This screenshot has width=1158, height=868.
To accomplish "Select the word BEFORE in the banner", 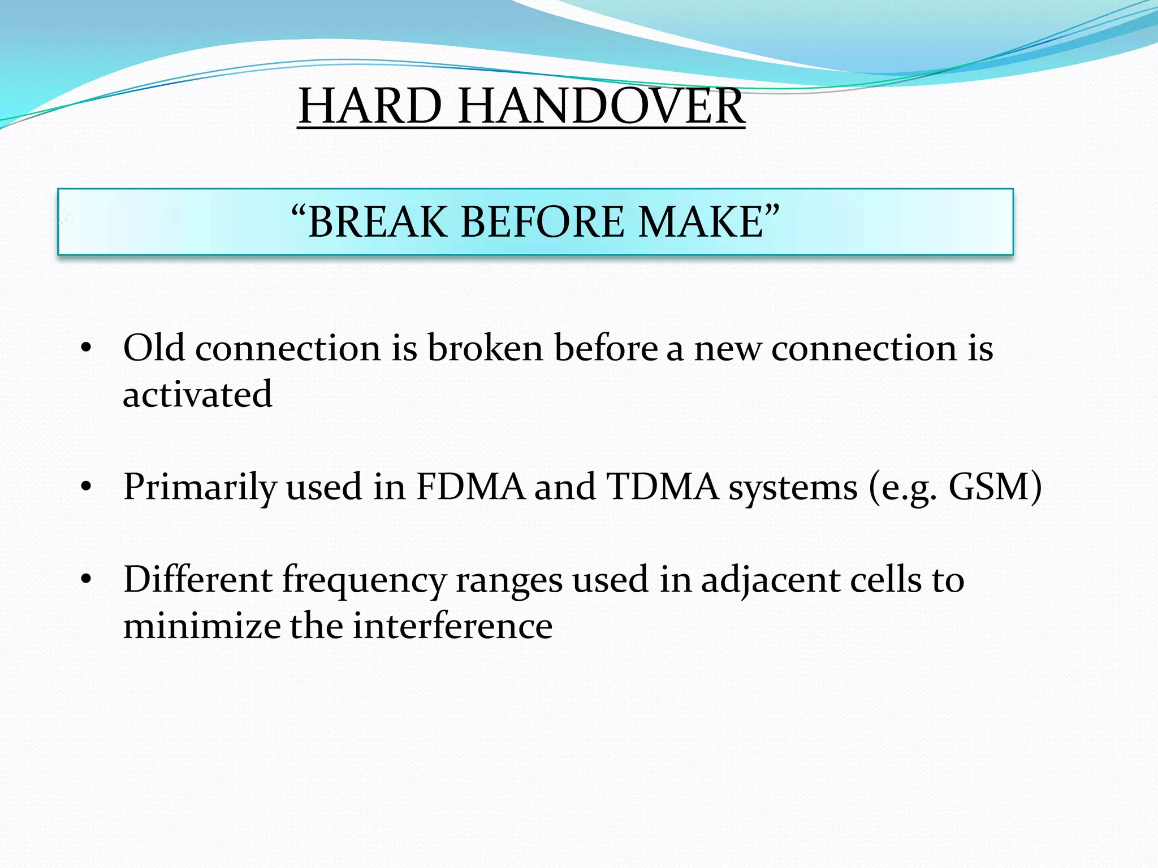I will [x=543, y=222].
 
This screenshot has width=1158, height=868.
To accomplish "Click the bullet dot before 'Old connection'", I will [x=86, y=349].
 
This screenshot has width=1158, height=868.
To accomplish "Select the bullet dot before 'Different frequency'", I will [x=86, y=580].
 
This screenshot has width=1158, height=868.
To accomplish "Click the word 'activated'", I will [x=197, y=394].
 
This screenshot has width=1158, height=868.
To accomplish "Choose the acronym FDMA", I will [x=470, y=487].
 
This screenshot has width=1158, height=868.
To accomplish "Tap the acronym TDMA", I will [x=662, y=487].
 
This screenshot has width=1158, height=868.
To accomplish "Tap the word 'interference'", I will [x=452, y=626].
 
